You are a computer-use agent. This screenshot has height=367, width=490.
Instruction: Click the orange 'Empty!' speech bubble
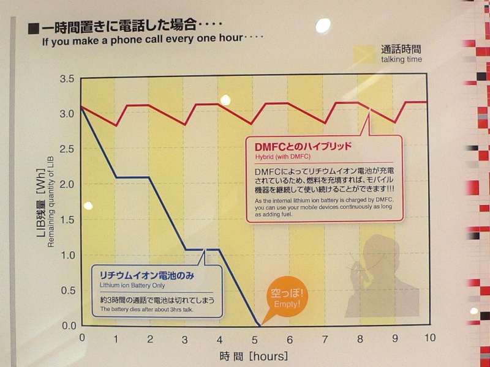point(287,298)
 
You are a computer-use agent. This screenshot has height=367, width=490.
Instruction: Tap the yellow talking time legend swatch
point(364,54)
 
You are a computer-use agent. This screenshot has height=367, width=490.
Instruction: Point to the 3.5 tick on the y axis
point(67,79)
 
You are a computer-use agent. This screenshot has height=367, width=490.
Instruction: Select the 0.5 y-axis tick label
point(67,290)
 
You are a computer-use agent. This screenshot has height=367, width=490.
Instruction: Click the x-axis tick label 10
point(429,338)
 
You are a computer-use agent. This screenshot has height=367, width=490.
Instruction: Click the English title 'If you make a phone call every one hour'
point(142,42)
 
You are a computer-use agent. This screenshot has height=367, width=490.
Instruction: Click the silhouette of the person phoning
point(380,275)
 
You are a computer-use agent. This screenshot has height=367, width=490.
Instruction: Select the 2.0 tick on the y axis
point(67,184)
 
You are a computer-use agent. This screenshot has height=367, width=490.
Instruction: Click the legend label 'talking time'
point(401,59)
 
